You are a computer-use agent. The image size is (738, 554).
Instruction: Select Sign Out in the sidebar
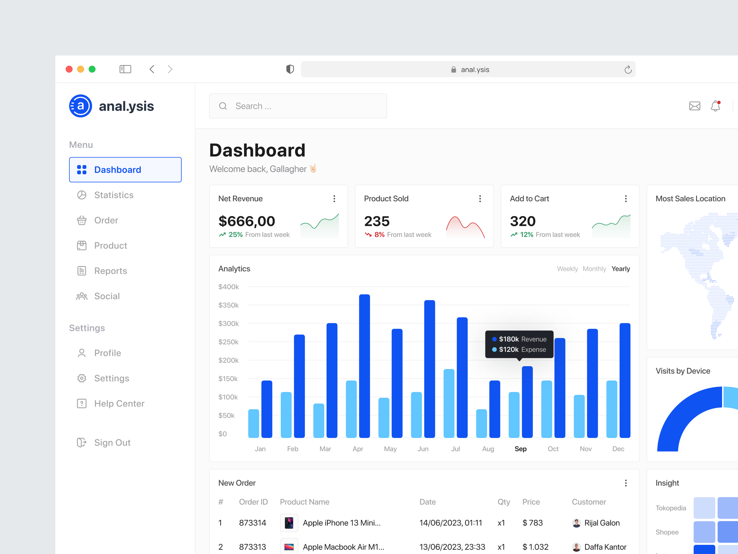pyautogui.click(x=112, y=442)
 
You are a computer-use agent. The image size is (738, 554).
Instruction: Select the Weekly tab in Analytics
pyautogui.click(x=567, y=269)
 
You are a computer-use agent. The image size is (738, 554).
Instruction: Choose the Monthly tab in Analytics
pyautogui.click(x=594, y=269)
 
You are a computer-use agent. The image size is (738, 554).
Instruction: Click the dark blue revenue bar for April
pyautogui.click(x=364, y=366)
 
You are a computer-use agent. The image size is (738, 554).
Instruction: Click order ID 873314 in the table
pyautogui.click(x=253, y=523)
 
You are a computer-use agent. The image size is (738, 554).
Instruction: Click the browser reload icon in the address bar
pyautogui.click(x=628, y=69)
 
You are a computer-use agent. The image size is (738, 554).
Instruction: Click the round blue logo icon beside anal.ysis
pyautogui.click(x=80, y=106)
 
